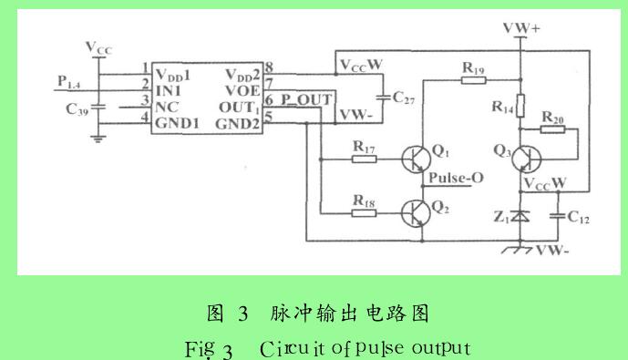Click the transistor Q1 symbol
[x=415, y=158]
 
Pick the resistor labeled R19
[x=473, y=79]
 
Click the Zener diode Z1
[x=520, y=216]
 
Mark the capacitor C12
[x=558, y=216]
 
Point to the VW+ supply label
[x=520, y=29]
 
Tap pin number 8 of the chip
[x=270, y=67]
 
